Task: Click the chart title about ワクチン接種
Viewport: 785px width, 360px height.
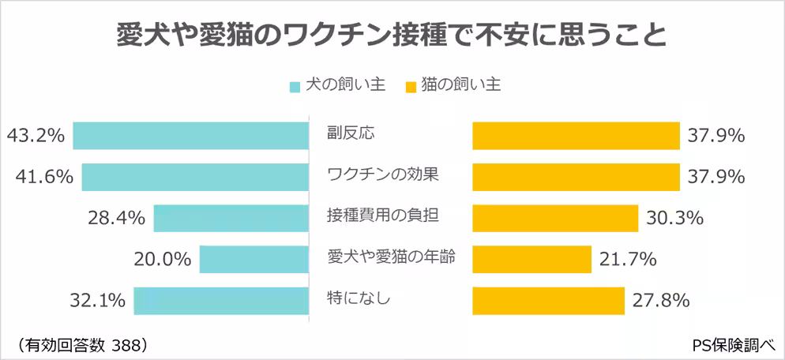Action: coord(392,35)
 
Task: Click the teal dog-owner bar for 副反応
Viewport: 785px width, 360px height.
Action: coord(190,136)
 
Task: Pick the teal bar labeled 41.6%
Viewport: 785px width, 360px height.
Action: coord(194,177)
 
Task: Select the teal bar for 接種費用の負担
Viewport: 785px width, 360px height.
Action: coord(231,218)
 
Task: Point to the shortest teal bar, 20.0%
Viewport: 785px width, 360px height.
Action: coord(254,259)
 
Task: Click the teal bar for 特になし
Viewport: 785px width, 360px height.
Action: coord(220,300)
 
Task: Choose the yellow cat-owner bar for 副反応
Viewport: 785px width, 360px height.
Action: coord(576,136)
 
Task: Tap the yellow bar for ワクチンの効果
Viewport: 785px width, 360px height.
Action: coord(576,177)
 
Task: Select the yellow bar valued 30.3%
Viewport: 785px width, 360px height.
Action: coord(554,218)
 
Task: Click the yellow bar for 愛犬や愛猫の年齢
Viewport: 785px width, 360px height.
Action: coord(531,259)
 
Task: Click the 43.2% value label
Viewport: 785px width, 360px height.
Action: coord(35,136)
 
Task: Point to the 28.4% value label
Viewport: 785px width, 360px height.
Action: coord(116,218)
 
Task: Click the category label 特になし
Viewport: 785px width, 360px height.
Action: coord(359,298)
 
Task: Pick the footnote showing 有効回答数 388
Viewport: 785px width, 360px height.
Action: coord(81,344)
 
